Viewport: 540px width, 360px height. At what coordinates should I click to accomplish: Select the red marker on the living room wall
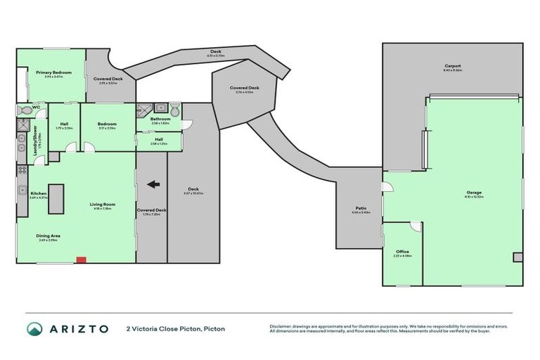(81, 260)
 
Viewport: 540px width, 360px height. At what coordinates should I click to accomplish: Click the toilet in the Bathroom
(174, 110)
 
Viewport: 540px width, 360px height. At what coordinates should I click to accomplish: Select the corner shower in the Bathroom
(143, 110)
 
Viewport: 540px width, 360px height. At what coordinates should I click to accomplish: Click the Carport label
(452, 66)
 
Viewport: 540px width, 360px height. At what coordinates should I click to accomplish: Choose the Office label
(402, 252)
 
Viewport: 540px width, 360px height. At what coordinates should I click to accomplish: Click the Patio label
(361, 208)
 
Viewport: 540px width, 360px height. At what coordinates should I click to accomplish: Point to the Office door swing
(416, 227)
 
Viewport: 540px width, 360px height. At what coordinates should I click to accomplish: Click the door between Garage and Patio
(386, 187)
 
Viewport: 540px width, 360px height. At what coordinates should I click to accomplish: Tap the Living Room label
(102, 205)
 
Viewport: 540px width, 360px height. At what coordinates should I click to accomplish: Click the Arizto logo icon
(33, 328)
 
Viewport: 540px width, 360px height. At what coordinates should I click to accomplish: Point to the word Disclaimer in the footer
(281, 325)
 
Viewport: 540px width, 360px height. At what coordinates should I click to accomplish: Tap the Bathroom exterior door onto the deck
(186, 125)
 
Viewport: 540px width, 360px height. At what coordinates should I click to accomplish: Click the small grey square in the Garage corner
(518, 257)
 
